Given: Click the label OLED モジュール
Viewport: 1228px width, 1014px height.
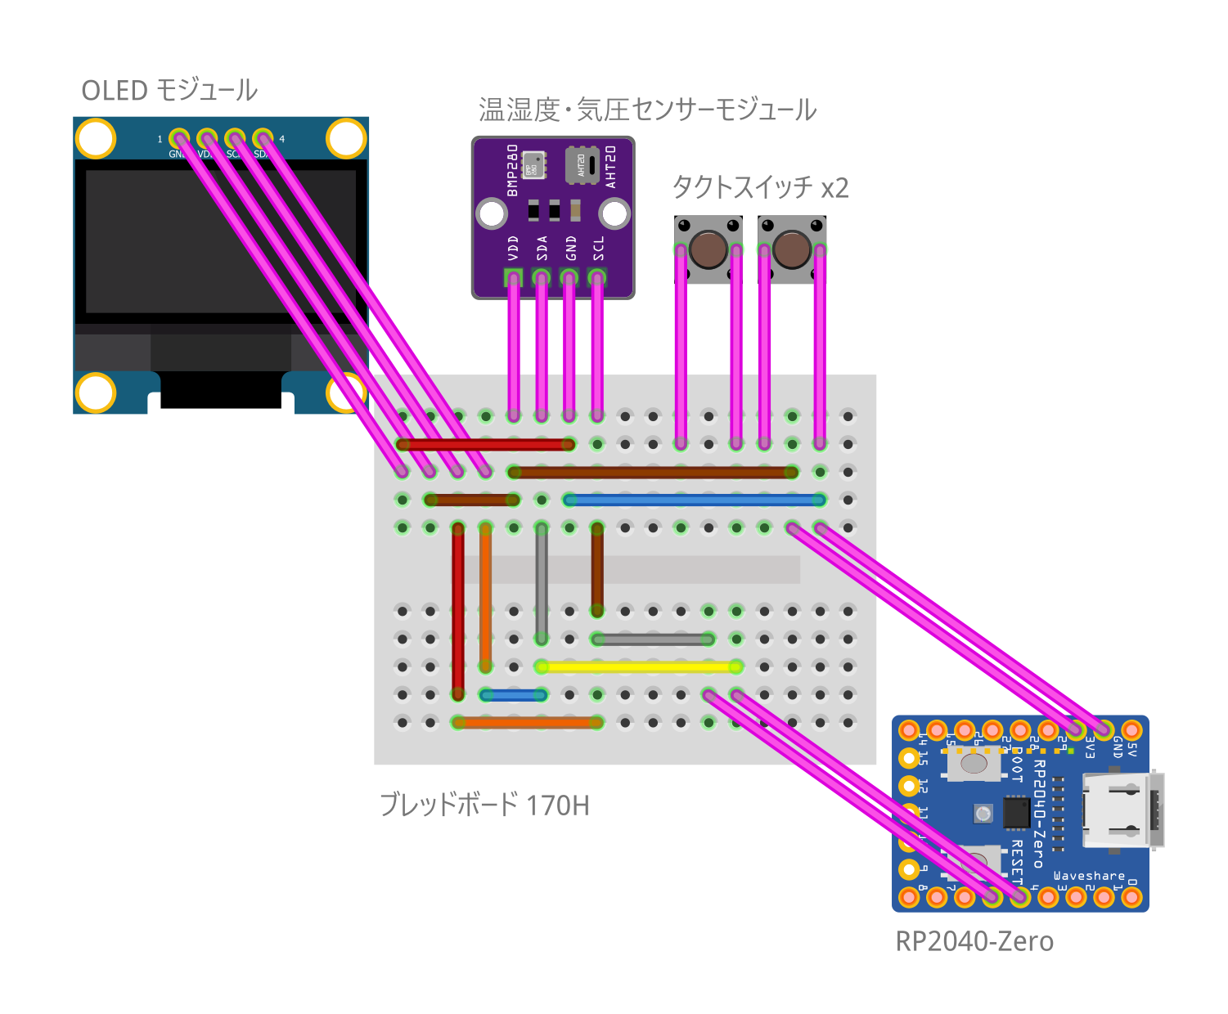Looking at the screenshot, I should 169,90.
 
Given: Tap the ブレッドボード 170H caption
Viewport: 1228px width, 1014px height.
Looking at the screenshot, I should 484,805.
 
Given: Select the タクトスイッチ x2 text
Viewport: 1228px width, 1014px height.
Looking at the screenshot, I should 760,187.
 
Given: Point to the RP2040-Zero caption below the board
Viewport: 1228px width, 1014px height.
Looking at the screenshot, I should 974,941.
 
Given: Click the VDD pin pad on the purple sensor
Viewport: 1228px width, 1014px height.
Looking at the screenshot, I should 513,277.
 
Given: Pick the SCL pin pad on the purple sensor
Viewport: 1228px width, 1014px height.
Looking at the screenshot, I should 597,277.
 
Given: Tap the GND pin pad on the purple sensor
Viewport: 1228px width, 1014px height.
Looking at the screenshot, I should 569,277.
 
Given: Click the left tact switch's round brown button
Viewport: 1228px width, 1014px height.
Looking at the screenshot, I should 708,249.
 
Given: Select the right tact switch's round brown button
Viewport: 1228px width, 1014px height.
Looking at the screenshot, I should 792,249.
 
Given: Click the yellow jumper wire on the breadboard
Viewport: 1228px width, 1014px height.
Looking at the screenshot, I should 638,667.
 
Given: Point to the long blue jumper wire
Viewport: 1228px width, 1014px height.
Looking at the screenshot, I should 694,500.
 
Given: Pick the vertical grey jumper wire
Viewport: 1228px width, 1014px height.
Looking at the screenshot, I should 542,583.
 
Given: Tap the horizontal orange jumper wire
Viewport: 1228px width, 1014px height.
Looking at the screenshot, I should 528,723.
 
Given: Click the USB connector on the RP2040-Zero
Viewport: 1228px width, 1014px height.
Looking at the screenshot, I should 1121,810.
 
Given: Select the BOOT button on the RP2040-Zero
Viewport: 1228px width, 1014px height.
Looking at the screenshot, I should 974,764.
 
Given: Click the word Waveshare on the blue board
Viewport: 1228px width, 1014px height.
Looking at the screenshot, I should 1089,876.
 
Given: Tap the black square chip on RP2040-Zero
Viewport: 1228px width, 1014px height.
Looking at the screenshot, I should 1016,812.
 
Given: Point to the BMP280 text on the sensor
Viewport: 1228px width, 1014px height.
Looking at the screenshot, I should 513,170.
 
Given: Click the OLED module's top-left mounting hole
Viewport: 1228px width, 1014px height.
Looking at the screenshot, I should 97,139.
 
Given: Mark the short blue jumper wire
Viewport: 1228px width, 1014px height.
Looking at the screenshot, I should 514,695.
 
